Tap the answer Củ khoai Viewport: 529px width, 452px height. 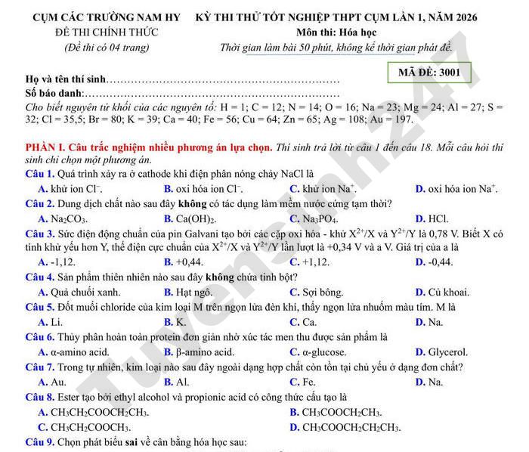(x=447, y=292)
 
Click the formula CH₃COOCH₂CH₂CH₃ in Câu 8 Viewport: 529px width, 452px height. (x=351, y=428)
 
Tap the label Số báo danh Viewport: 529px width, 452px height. (x=54, y=93)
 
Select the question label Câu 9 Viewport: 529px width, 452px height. (x=39, y=442)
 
